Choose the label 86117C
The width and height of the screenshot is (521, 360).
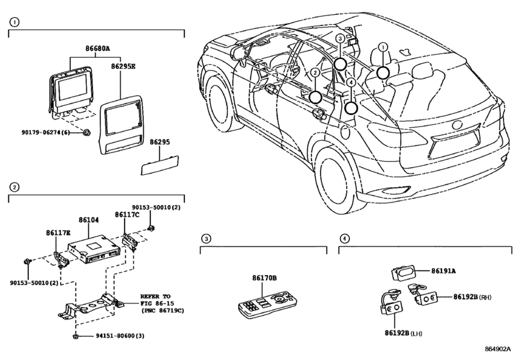click(x=127, y=215)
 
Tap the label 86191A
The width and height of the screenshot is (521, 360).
click(x=441, y=272)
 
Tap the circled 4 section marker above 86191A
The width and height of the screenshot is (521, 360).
click(x=344, y=239)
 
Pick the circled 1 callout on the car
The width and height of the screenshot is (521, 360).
click(x=383, y=47)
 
